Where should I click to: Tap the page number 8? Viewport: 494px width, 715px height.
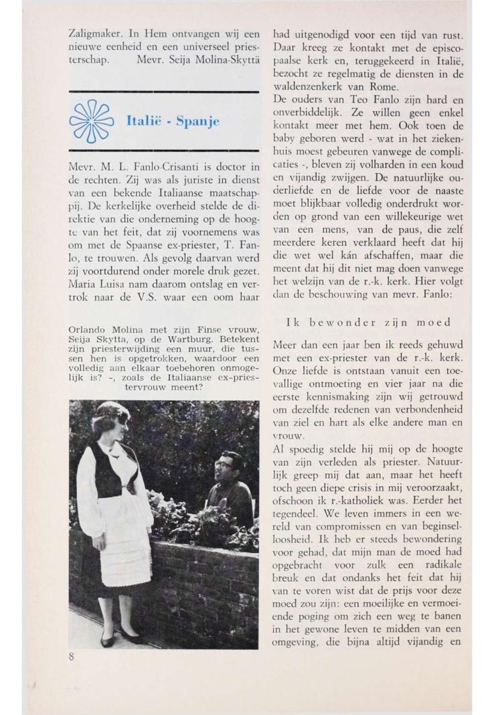(x=72, y=657)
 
